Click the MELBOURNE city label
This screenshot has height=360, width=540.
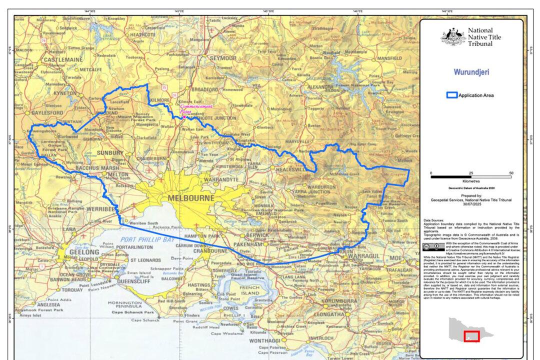[x=191, y=198]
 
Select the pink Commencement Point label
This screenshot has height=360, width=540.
[x=196, y=109]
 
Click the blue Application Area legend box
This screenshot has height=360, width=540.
[x=452, y=95]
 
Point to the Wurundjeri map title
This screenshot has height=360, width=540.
[x=471, y=71]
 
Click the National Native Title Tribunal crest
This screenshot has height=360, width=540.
[x=453, y=36]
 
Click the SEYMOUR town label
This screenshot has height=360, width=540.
[x=222, y=58]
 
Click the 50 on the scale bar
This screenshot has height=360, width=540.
[x=510, y=172]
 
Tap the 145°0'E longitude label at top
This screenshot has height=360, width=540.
[x=179, y=10]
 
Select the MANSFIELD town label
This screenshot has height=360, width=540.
[x=389, y=58]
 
